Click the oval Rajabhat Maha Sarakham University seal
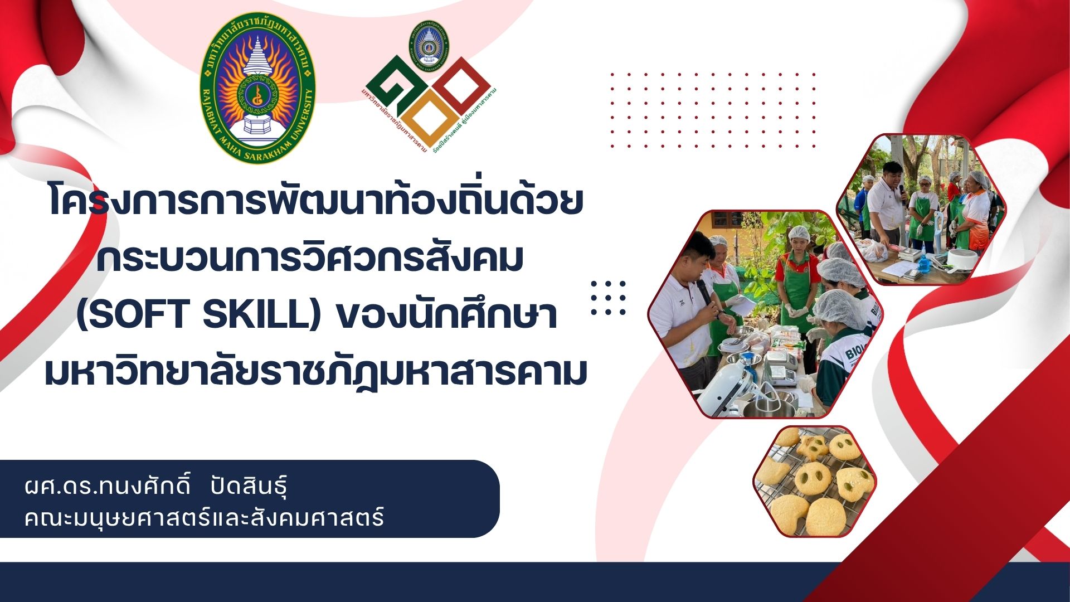click(x=257, y=88)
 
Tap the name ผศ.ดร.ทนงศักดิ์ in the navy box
click(x=109, y=488)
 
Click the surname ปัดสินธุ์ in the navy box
click(x=249, y=488)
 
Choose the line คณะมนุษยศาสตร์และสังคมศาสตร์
click(x=205, y=517)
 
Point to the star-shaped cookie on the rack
click(x=811, y=446)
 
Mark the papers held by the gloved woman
click(x=739, y=304)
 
